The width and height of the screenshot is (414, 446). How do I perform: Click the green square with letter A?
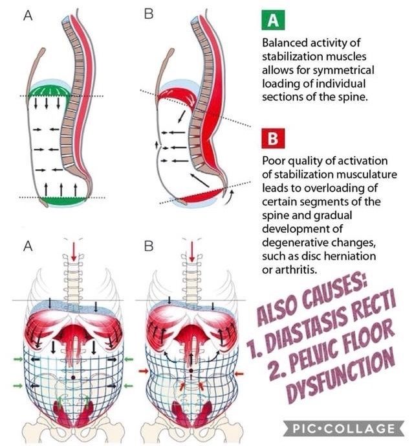272,19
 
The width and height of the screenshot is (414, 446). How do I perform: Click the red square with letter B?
272,139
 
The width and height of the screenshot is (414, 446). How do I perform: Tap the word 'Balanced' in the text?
284,43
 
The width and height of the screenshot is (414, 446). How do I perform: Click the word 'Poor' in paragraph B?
274,161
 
